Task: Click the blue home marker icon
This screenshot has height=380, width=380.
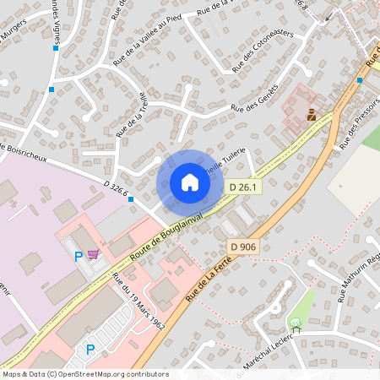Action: [x=189, y=182]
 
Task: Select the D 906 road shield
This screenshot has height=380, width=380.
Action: [x=242, y=247]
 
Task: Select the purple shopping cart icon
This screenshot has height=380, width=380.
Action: [x=93, y=252]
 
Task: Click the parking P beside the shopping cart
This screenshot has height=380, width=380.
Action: [x=79, y=256]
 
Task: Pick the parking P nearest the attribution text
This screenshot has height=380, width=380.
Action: [x=90, y=348]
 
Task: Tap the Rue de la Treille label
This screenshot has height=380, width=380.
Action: [x=133, y=114]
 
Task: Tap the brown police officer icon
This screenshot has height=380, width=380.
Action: [x=311, y=116]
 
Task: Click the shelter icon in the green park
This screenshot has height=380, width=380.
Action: [x=295, y=323]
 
